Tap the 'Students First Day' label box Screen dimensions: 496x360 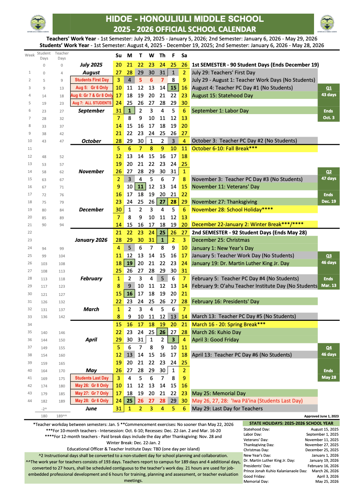tap(92, 80)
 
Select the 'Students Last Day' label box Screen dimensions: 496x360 tap(92, 378)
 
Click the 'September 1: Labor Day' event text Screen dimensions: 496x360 tap(220, 111)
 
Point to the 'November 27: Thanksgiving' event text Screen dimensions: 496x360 tap(224, 202)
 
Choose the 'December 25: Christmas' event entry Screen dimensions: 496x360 tap(221, 240)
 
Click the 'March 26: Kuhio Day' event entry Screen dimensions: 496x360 tap(216, 332)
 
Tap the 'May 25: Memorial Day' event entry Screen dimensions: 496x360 tap(219, 393)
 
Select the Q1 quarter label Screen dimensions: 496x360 tap(328, 88)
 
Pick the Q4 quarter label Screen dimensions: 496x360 tap(328, 347)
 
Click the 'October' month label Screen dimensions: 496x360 tap(91, 141)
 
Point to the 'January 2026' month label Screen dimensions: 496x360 tap(91, 240)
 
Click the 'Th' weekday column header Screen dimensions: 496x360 tap(162, 55)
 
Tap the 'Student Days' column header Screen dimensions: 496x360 tap(44, 56)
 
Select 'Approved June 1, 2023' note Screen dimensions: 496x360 tap(321, 416)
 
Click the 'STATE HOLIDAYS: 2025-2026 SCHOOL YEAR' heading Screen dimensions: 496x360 tap(291, 423)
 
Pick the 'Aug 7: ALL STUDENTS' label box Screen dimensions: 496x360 tap(92, 103)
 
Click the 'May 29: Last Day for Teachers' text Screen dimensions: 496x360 tap(227, 408)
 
